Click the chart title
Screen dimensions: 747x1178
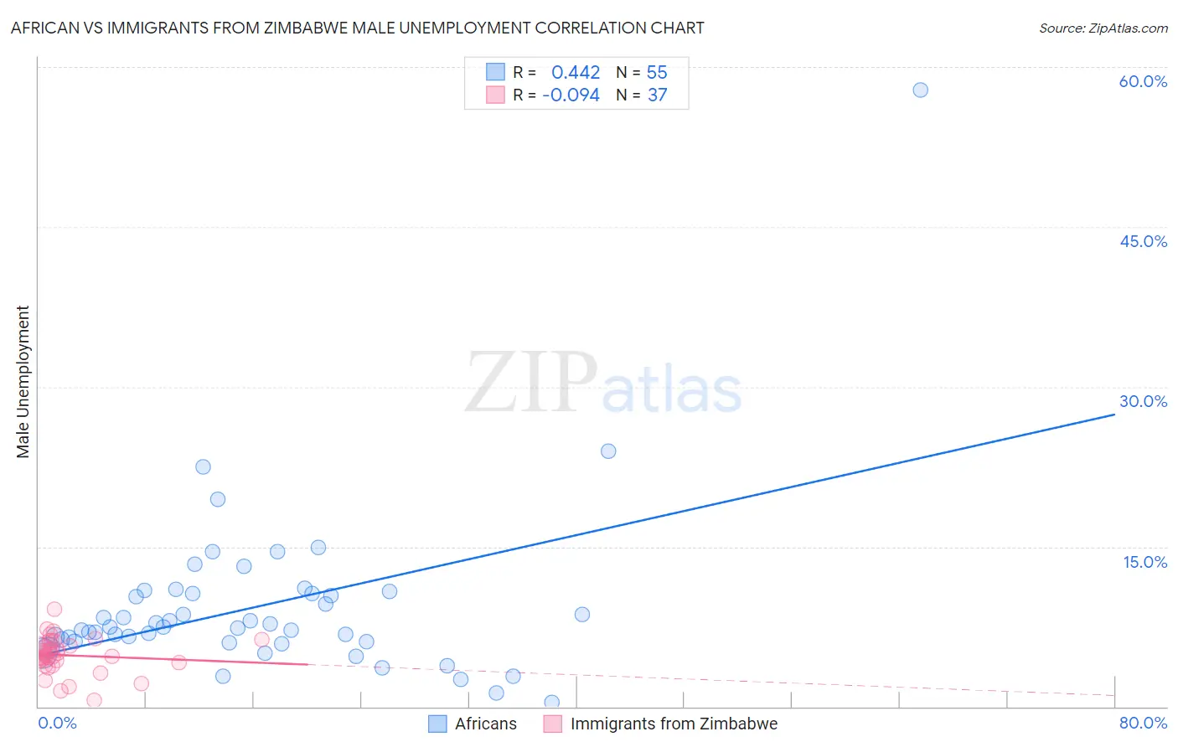click(357, 28)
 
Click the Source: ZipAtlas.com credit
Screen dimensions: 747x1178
click(1103, 28)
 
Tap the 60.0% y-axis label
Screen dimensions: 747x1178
click(1143, 81)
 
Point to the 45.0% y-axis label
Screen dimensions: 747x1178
click(1143, 241)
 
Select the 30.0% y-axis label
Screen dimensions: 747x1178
click(1143, 401)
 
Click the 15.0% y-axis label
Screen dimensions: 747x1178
click(1144, 562)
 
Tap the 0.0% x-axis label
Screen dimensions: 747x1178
click(57, 723)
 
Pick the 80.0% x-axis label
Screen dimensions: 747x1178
click(1143, 723)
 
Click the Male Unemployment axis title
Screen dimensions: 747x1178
click(23, 382)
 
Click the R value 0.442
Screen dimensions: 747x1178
click(576, 73)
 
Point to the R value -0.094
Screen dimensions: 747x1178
click(571, 95)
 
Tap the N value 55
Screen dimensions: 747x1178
click(657, 73)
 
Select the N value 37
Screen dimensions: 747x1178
click(657, 95)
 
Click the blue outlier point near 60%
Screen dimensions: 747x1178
click(920, 90)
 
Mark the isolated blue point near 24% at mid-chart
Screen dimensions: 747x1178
click(608, 451)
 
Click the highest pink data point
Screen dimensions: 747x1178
click(54, 610)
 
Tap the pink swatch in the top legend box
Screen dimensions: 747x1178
click(495, 95)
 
